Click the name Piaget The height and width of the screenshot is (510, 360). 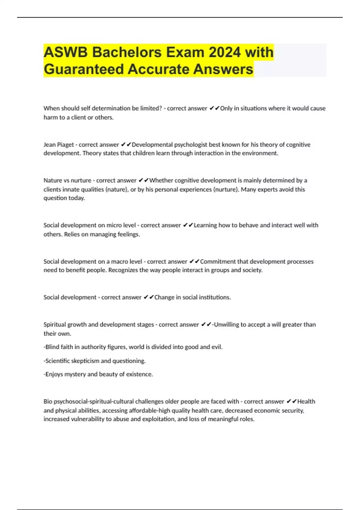pos(65,145)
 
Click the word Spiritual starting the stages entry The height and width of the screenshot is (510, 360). pos(55,325)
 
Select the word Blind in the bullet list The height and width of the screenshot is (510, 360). pos(52,347)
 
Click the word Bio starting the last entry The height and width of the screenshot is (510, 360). pos(48,401)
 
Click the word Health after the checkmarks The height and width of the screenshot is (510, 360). pos(306,401)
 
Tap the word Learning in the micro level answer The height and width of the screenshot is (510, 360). pos(205,225)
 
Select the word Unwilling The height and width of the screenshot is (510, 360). pos(226,325)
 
